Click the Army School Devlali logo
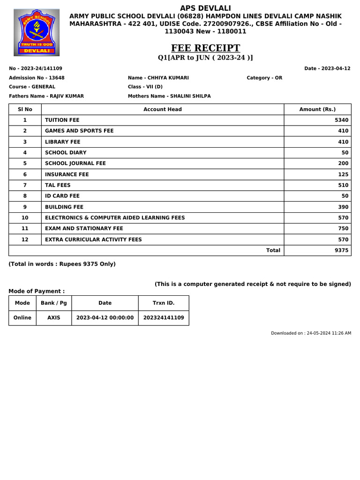[37, 32]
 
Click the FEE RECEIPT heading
[205, 48]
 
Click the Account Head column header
[163, 109]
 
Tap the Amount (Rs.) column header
[317, 109]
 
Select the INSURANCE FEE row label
[67, 174]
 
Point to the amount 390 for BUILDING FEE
[343, 207]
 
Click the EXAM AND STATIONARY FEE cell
[84, 228]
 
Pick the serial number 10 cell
[25, 217]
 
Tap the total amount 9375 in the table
[342, 250]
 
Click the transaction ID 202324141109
[164, 318]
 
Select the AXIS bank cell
[54, 318]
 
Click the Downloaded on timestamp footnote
[311, 333]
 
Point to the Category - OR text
[264, 78]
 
